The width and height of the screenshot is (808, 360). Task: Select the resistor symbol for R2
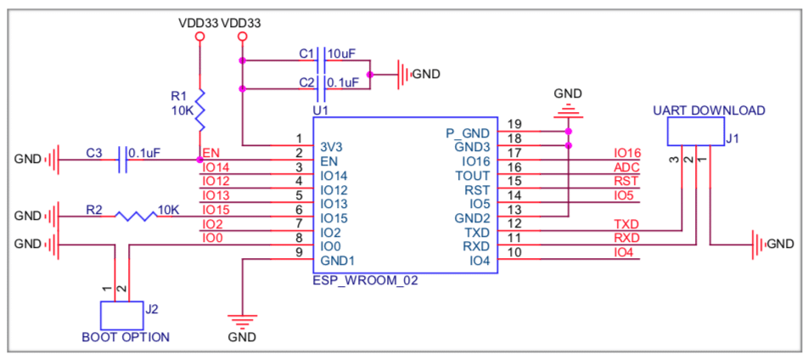tap(133, 216)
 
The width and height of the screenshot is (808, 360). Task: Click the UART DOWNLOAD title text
tap(710, 110)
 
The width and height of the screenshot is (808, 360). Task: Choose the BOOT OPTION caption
tap(125, 337)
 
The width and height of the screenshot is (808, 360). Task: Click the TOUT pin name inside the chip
tap(473, 176)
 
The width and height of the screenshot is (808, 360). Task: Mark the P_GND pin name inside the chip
tap(468, 133)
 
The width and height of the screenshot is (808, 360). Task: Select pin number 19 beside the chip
tap(514, 125)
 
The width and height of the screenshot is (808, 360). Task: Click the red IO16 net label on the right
tap(626, 154)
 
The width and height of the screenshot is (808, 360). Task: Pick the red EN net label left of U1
tap(210, 153)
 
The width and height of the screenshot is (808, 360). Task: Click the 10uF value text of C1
tap(341, 53)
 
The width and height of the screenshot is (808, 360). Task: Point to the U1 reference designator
tap(320, 110)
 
